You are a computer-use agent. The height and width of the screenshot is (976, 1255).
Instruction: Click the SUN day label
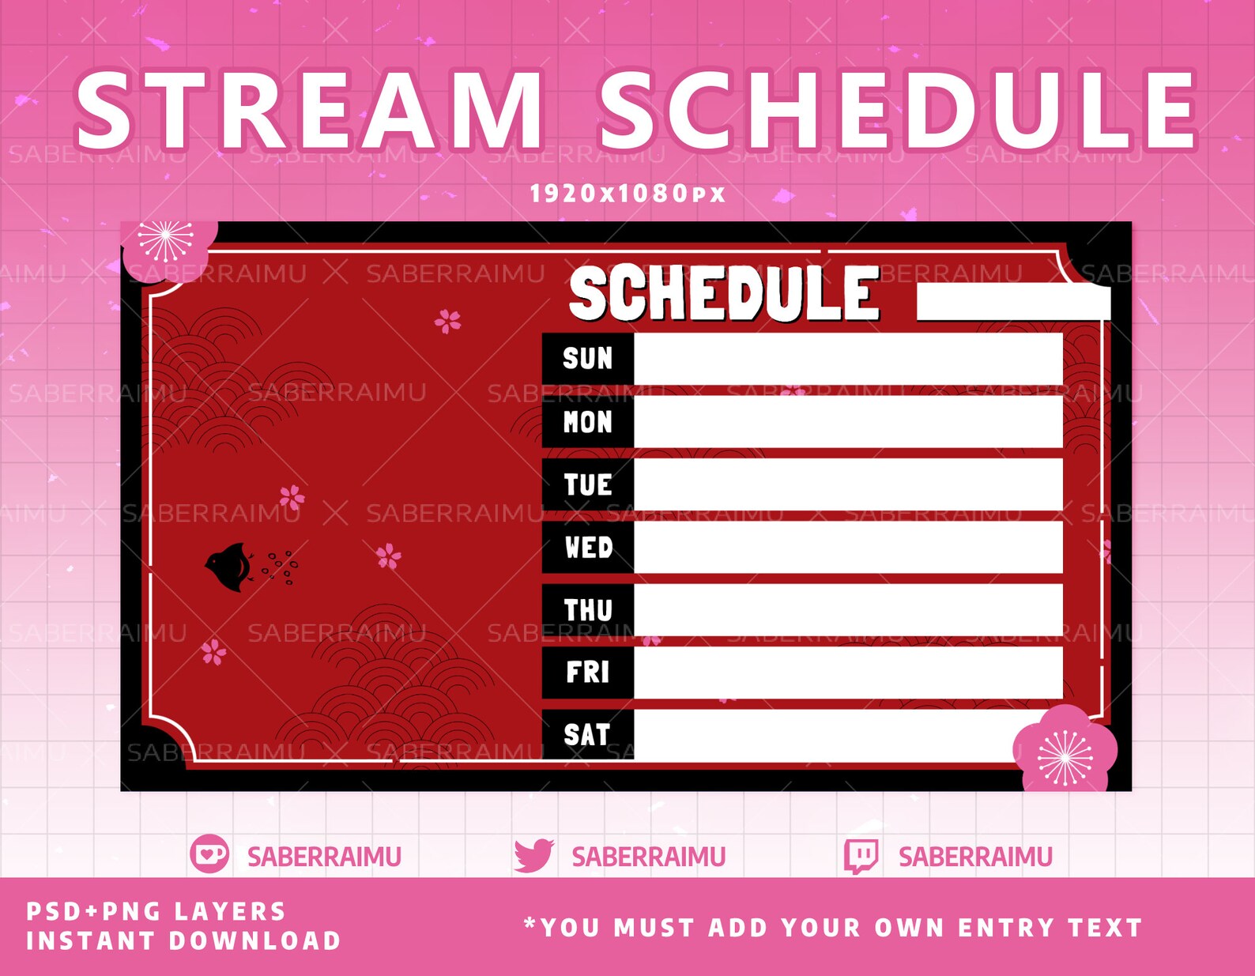point(587,359)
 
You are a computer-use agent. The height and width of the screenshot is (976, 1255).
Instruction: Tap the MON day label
point(587,422)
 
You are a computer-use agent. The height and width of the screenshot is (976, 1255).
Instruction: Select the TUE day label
point(587,484)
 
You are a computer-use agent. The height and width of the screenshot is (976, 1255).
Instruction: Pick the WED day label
point(588,547)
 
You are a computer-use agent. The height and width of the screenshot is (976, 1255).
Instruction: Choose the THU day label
point(588,610)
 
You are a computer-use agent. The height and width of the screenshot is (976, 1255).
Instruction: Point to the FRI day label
point(587,673)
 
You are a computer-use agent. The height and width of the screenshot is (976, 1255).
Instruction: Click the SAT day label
point(586,735)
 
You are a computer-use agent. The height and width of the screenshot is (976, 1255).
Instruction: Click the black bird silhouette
point(230,567)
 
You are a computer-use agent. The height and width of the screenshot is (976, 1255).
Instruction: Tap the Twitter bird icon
point(533,856)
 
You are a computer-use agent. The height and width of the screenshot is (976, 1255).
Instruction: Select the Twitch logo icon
point(861,856)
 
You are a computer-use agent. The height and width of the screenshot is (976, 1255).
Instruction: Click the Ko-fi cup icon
point(209,854)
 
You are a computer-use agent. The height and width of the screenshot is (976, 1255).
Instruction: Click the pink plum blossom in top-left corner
point(167,245)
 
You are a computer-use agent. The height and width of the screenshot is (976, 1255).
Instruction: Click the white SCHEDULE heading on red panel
point(724,293)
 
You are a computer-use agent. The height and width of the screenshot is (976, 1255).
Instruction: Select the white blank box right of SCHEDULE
point(1012,304)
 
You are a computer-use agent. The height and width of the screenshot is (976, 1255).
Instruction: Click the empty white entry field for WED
point(847,547)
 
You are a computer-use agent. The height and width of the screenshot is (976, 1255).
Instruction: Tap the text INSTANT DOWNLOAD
point(183,941)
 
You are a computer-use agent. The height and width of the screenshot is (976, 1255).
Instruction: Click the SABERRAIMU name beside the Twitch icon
point(974,857)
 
